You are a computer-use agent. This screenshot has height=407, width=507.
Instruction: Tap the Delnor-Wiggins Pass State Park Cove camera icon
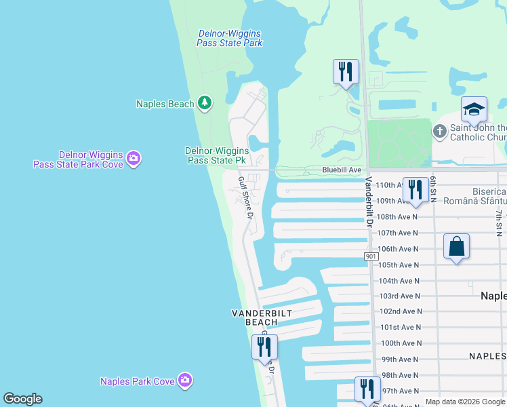coord(134,159)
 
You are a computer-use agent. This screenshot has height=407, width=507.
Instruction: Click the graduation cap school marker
coord(474,109)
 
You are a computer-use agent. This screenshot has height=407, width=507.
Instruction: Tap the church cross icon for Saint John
coord(439,130)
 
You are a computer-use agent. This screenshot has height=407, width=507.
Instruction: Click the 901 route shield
coord(370,256)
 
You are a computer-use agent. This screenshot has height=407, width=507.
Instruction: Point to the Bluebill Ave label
coord(342,170)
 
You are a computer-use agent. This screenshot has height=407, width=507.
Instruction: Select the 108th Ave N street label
coord(398,217)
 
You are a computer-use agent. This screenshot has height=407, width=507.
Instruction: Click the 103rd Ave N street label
coord(400,296)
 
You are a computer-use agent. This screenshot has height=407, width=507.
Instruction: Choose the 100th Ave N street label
coord(401,343)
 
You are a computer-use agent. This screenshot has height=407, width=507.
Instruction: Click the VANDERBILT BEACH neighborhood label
coord(255,317)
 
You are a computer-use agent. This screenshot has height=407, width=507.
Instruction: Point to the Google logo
coord(22,399)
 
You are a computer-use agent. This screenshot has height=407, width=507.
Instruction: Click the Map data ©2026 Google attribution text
coord(465,402)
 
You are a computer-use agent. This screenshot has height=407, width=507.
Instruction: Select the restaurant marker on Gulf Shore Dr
coord(264,347)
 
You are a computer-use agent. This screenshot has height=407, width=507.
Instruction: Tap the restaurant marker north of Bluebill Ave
coord(346,71)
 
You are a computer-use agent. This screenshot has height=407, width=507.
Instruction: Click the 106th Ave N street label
coord(398,249)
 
